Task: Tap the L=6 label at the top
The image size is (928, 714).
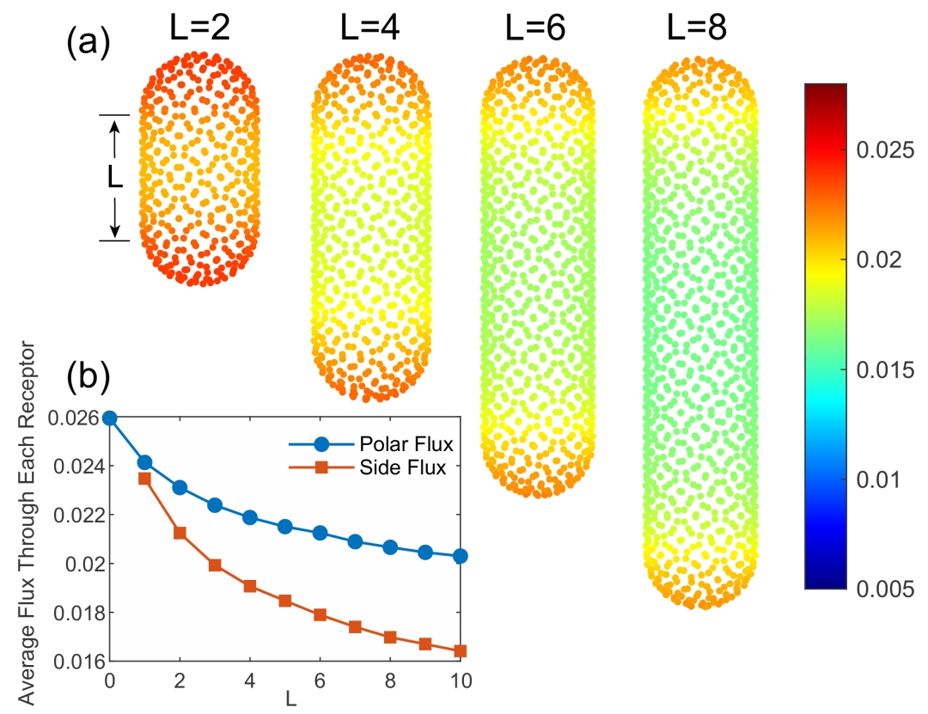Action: (x=534, y=30)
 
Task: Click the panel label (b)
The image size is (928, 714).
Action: (x=89, y=377)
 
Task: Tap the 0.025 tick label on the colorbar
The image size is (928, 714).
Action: (x=885, y=151)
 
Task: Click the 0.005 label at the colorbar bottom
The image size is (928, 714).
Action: (x=885, y=589)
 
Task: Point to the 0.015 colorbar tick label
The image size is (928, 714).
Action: (x=885, y=370)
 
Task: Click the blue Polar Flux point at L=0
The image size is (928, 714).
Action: (x=110, y=418)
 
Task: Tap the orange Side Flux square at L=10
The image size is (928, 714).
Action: (x=460, y=650)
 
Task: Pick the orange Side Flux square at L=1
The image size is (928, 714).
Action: (x=145, y=479)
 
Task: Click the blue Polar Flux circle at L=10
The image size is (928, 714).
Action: (x=460, y=556)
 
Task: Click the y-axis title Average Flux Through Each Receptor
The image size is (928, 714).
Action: (x=27, y=524)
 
